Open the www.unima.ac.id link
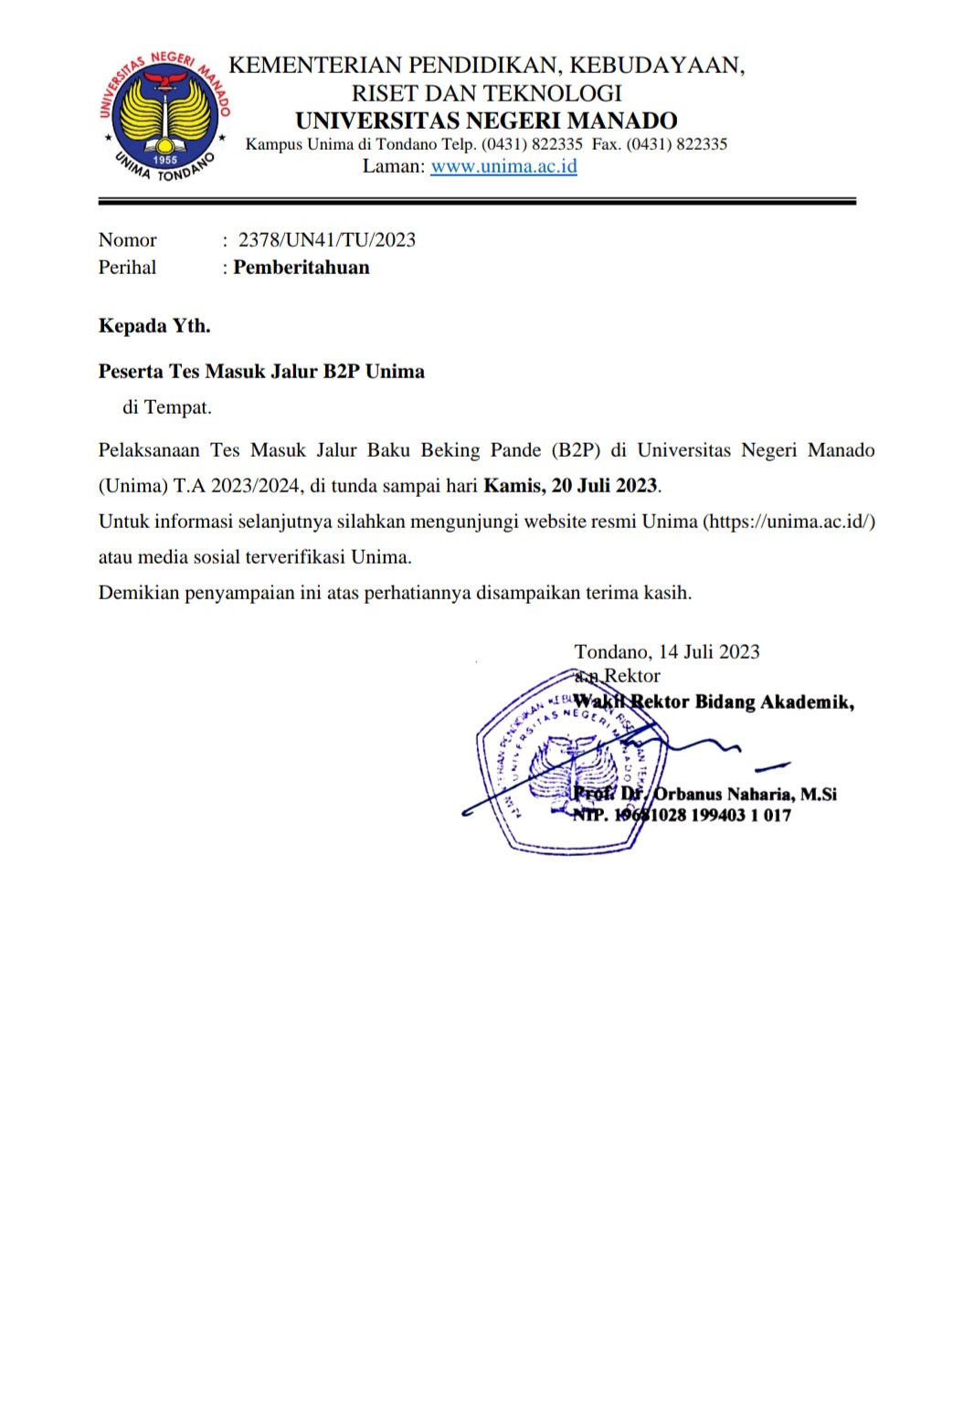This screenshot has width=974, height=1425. pos(503,166)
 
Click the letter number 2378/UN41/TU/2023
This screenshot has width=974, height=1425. pos(326,240)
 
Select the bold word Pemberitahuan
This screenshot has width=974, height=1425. pos(302,268)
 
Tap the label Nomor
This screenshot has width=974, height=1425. pos(127,240)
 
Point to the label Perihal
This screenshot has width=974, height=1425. pos(127,268)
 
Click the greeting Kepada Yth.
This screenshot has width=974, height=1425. pos(154,326)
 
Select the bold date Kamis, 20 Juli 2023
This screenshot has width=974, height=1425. pos(570,486)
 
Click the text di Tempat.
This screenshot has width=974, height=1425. pos(167,407)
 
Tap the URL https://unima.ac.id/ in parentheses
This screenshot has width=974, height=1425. pos(789,522)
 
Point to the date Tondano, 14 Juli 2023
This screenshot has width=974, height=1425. pos(667,652)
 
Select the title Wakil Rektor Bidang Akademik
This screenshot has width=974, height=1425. pos(714,702)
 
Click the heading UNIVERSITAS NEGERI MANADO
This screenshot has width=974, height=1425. pos(486,121)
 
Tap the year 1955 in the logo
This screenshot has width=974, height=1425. pos(165,160)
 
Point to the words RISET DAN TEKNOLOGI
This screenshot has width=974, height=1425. pos(486,93)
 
